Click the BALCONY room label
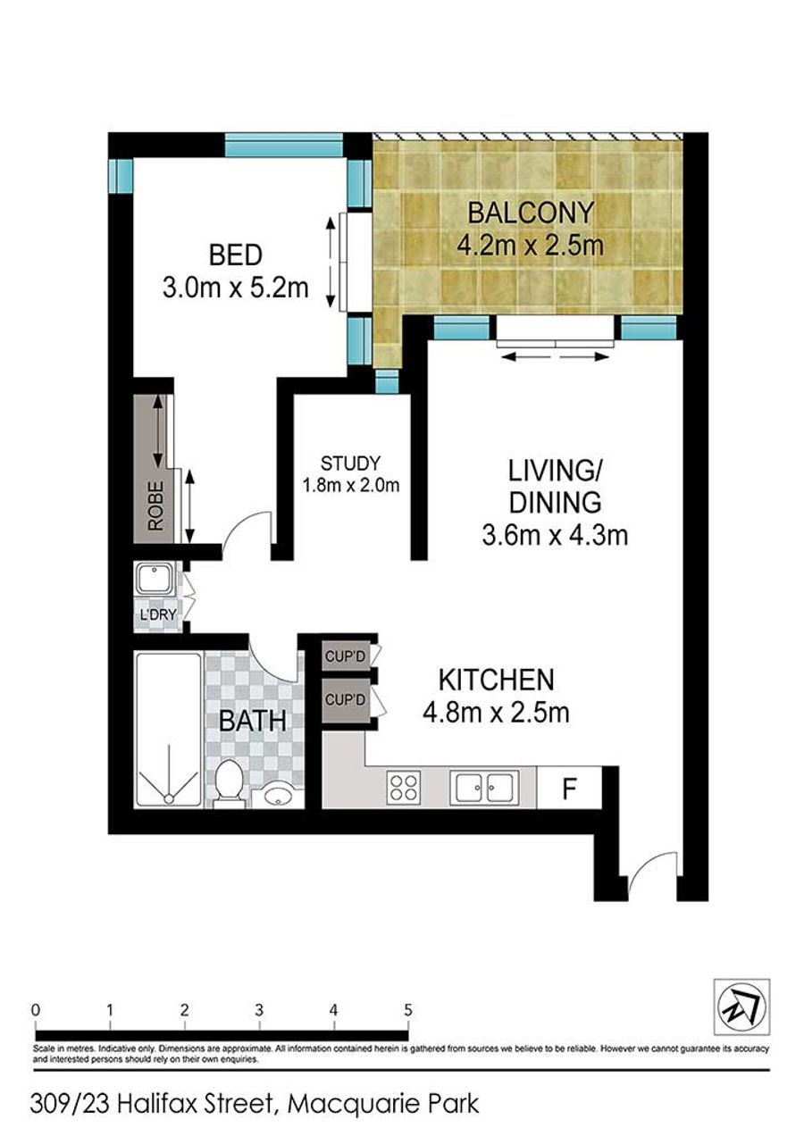coord(530,213)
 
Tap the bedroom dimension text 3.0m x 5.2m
coord(235,288)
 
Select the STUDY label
coord(350,463)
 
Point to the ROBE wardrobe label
coord(155,505)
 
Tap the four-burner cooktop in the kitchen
coord(403,787)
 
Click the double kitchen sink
coord(484,786)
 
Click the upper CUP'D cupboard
coord(347,656)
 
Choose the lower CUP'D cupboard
coord(347,700)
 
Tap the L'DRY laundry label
coord(158,615)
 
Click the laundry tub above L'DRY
coord(155,578)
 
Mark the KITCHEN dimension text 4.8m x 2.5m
coord(496,713)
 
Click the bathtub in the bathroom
coord(169,731)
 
